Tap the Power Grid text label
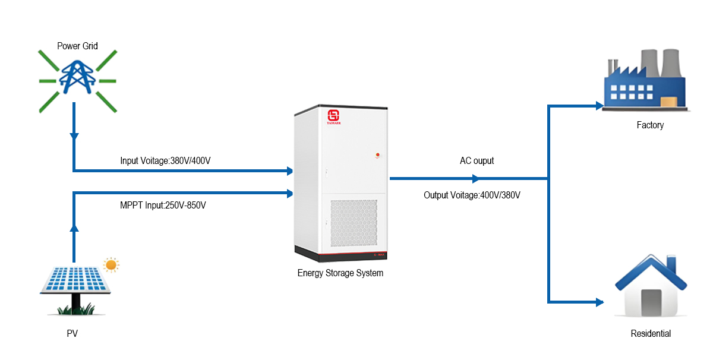77,46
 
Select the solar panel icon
74,280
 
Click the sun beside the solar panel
111,264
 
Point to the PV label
72,334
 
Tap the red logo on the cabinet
333,115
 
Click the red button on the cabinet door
377,155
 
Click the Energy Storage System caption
340,273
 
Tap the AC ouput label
477,160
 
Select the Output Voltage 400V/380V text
472,195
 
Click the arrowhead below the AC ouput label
475,178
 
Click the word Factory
650,125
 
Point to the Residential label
651,334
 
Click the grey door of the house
651,302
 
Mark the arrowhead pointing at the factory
599,106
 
